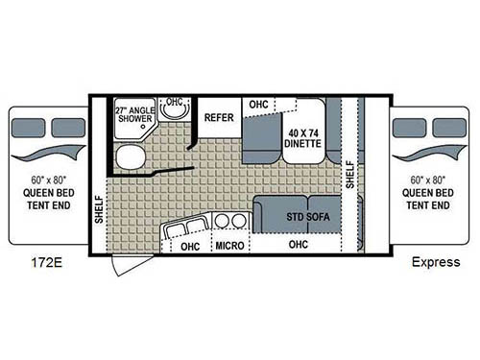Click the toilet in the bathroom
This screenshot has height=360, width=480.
[x=127, y=157]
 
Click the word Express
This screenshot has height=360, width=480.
[x=432, y=261]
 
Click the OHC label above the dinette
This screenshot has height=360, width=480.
[x=257, y=104]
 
